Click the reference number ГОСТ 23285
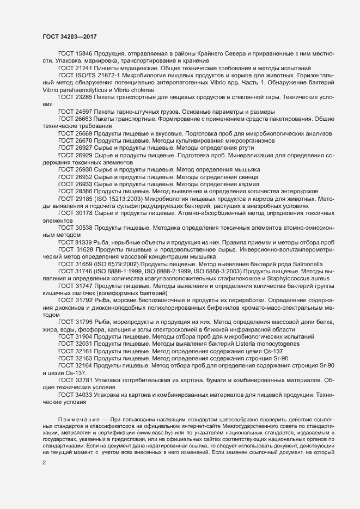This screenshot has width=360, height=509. pos(75,95)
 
